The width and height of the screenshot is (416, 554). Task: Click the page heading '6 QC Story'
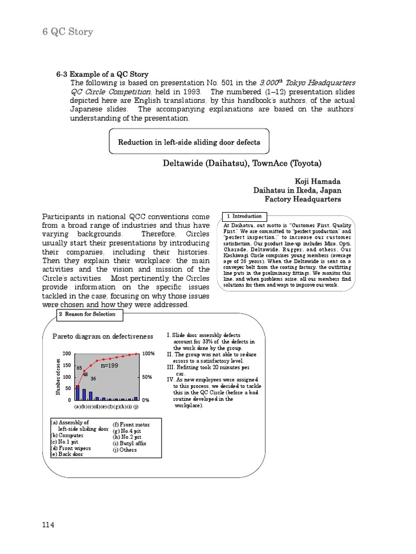click(68, 32)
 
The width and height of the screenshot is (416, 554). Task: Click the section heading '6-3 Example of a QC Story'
click(102, 74)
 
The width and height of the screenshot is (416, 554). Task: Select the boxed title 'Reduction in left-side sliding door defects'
click(189, 142)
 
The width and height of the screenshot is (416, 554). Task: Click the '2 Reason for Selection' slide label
click(87, 314)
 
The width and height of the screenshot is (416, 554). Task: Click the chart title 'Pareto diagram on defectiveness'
click(103, 336)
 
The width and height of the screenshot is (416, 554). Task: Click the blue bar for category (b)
click(84, 394)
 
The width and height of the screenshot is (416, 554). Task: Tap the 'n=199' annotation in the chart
click(109, 366)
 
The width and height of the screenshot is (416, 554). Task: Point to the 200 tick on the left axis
click(67, 353)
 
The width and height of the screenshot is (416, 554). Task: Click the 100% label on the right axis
click(149, 353)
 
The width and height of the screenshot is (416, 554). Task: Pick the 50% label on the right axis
click(147, 377)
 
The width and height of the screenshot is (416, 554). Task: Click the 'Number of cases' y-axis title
click(58, 377)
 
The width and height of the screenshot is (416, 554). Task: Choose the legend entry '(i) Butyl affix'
click(129, 443)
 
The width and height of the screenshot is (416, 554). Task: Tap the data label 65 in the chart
click(79, 368)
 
